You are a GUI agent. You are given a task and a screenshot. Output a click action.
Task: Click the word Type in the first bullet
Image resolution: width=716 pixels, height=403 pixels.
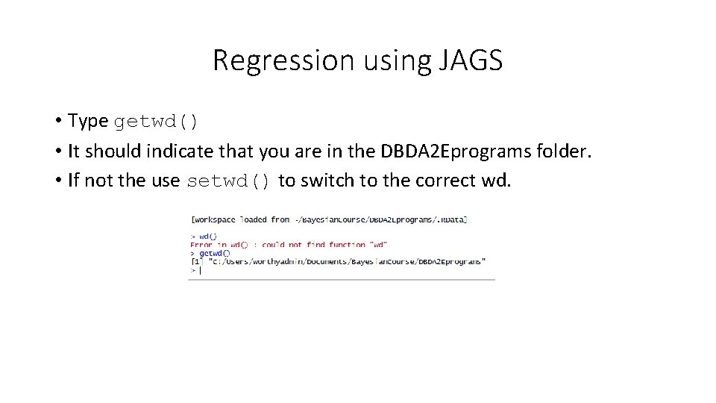(x=88, y=121)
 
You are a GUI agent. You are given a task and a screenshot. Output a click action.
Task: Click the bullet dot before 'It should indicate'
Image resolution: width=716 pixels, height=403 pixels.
(x=57, y=151)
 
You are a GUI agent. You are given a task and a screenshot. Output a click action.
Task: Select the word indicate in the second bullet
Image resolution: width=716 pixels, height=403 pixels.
(x=181, y=151)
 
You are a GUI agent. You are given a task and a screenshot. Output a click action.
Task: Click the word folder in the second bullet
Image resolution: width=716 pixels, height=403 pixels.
(x=565, y=151)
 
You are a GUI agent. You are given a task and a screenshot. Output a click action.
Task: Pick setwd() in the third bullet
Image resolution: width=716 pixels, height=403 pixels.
(x=230, y=181)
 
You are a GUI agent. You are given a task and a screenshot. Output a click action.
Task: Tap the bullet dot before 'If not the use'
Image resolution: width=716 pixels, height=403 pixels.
(x=57, y=181)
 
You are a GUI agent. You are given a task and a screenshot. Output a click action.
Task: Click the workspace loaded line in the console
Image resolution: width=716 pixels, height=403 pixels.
(x=329, y=219)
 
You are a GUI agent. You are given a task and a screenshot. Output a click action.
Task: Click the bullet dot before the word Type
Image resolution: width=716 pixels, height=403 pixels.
(x=57, y=121)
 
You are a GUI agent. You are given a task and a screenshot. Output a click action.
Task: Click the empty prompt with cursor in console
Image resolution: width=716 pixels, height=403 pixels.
(x=196, y=270)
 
